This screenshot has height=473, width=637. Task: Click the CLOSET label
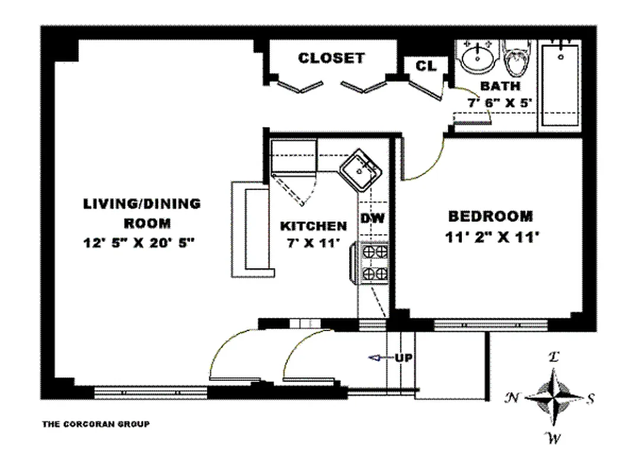pyautogui.click(x=331, y=58)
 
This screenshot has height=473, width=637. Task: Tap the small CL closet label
pyautogui.click(x=426, y=66)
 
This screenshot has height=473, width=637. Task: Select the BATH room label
pyautogui.click(x=500, y=86)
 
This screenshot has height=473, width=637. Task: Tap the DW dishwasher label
pyautogui.click(x=373, y=218)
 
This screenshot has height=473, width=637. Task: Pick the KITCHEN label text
pyautogui.click(x=313, y=226)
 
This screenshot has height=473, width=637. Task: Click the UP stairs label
pyautogui.click(x=404, y=358)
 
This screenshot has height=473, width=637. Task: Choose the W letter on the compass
pyautogui.click(x=554, y=438)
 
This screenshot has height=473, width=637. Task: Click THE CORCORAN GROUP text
pyautogui.click(x=95, y=424)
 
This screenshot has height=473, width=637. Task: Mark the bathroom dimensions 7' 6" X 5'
pyautogui.click(x=500, y=102)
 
